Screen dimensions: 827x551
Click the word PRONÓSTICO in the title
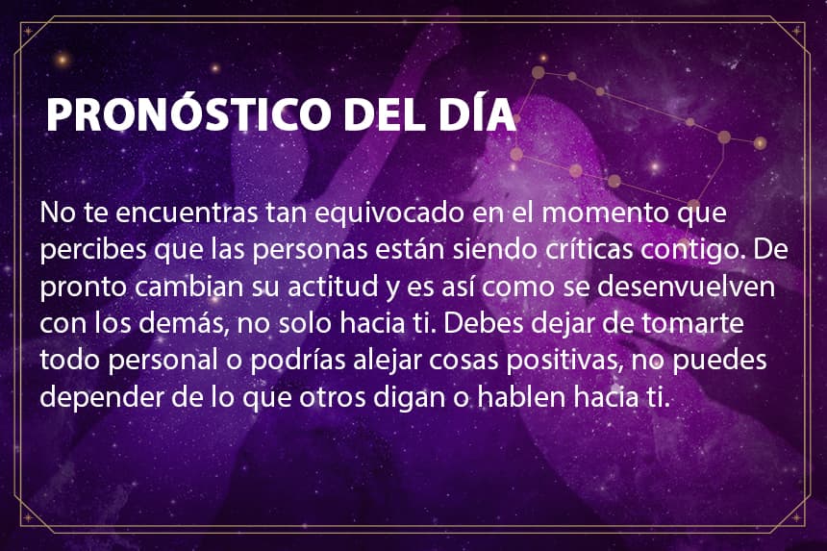click(x=188, y=113)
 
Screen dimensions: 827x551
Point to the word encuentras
click(x=187, y=213)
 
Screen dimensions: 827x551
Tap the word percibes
click(x=93, y=250)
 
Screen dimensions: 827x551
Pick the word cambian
click(x=188, y=287)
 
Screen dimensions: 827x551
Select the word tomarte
click(x=692, y=324)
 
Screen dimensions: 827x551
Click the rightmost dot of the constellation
click(x=760, y=142)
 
